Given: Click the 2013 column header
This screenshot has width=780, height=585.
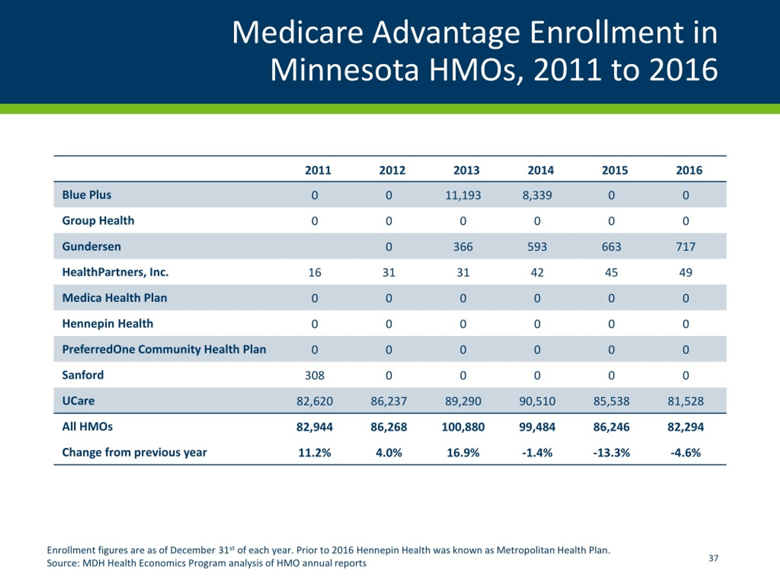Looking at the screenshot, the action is (x=466, y=170).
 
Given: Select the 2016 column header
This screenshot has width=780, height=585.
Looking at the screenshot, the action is (x=689, y=170).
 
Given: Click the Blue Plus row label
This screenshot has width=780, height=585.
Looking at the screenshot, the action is (x=87, y=195).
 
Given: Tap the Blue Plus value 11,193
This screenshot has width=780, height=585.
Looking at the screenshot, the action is (x=463, y=195).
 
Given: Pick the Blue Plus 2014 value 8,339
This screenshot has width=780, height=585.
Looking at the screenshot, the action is (x=537, y=195).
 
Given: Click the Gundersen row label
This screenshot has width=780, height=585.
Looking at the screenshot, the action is (x=91, y=246).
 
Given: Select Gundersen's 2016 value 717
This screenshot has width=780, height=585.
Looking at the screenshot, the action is (x=686, y=246).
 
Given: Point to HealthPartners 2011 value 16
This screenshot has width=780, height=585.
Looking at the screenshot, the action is (x=314, y=272).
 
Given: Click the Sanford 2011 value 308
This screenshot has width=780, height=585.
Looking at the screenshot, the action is (x=314, y=375).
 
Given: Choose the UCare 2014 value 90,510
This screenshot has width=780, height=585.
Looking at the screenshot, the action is (x=537, y=401).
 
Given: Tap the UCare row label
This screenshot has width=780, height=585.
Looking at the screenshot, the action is (x=78, y=401).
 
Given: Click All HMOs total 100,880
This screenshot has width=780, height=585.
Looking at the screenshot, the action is (x=463, y=427).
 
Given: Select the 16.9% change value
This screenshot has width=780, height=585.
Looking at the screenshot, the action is (x=463, y=452).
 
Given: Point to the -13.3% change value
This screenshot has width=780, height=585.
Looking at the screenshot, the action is (x=611, y=452).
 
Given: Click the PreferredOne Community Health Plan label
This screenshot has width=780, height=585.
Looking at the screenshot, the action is (x=164, y=349).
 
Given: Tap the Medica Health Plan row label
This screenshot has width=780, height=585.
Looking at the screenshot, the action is (x=115, y=298).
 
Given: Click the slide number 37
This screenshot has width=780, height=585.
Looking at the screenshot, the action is (x=713, y=558).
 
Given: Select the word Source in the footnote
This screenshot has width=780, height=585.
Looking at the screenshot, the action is (x=62, y=563).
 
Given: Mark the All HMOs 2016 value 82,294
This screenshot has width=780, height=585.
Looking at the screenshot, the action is (x=686, y=427).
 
